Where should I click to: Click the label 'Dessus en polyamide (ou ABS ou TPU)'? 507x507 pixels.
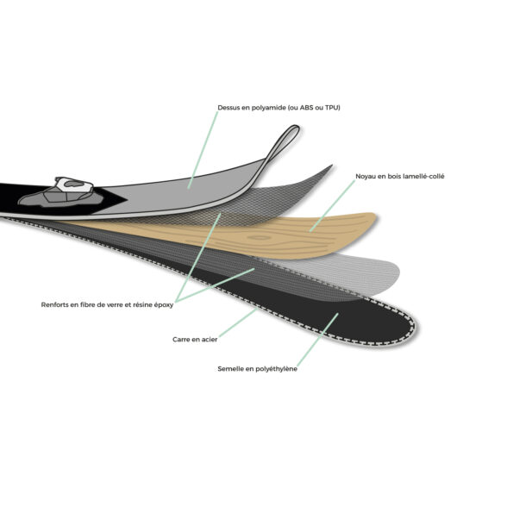coord(279,108)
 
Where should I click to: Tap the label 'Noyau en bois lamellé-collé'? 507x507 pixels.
coord(400,176)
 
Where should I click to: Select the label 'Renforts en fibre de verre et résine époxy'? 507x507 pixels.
coord(107,305)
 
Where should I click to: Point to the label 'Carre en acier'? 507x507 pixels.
coord(195,340)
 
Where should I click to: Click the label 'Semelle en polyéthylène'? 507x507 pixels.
coord(257,369)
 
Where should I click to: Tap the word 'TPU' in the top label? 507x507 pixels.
coord(331,108)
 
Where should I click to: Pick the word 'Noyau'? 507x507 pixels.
coord(366,177)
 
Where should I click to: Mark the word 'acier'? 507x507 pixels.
coord(210,340)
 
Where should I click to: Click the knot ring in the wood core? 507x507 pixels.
coord(259,238)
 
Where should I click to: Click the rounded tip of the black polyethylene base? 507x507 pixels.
coord(410,327)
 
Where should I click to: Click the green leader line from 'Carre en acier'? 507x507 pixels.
coord(238,322)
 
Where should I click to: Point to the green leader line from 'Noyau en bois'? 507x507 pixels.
coord(332,205)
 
